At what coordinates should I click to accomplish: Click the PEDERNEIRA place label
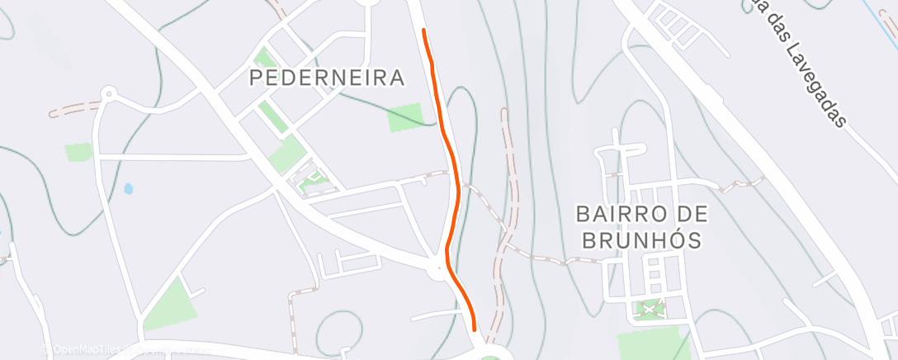(328, 78)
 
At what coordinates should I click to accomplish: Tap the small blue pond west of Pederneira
(128, 188)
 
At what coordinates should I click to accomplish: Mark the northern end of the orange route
(423, 31)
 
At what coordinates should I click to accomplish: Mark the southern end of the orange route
(475, 328)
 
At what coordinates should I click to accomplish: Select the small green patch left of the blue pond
(79, 152)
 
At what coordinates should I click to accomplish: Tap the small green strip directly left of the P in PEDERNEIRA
(264, 59)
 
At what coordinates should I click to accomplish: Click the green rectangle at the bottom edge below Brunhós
(653, 341)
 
